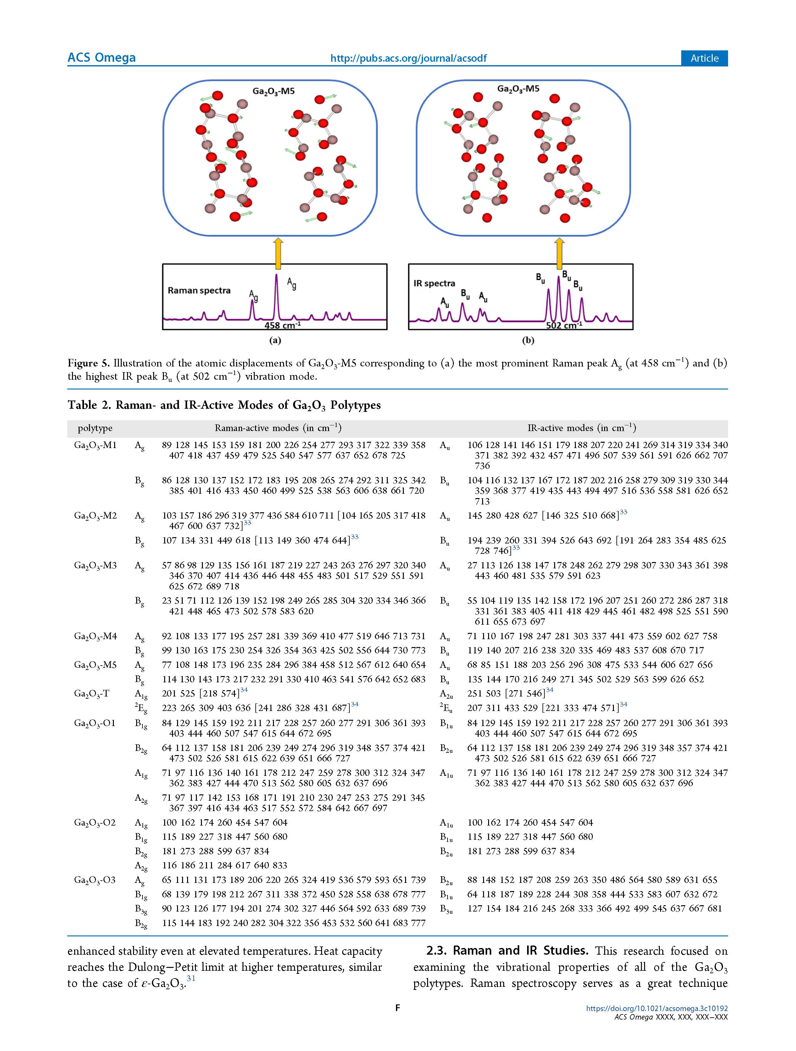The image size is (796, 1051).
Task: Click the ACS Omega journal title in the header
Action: point(102,58)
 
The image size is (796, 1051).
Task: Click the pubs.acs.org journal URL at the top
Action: point(408,59)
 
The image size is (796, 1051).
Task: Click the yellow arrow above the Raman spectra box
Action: point(278,254)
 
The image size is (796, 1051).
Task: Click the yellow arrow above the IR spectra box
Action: point(559,254)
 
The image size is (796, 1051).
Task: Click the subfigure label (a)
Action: point(275,340)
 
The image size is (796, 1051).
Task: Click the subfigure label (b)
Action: point(528,340)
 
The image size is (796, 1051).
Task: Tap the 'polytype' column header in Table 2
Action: point(95,428)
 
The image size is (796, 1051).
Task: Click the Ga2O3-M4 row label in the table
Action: point(95,636)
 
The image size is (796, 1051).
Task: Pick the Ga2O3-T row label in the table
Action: point(92,694)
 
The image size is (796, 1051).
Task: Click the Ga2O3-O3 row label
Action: point(95,880)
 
